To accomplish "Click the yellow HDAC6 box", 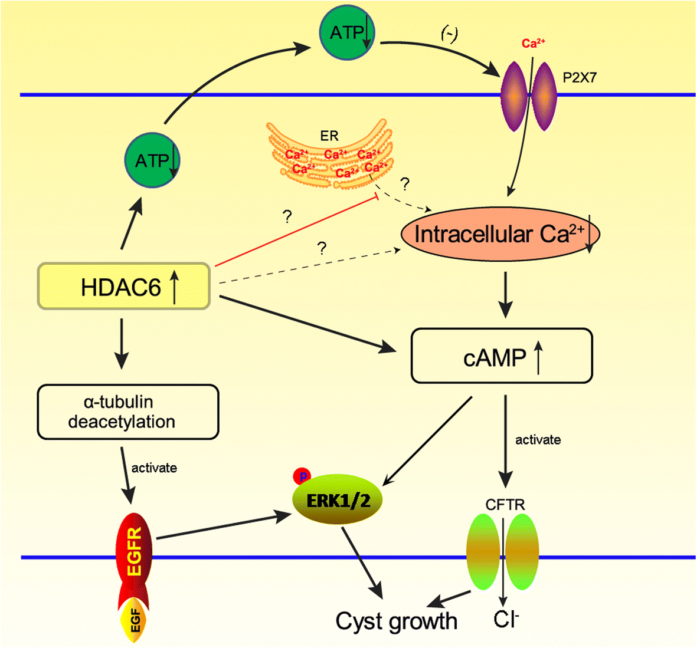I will (x=124, y=287).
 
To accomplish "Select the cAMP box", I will (x=502, y=356).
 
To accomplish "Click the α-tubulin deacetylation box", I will (x=127, y=412).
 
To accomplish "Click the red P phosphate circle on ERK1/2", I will (x=302, y=476).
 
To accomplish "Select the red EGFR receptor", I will (x=134, y=551).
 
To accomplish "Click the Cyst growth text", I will (x=396, y=621).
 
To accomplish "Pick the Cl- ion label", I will (x=506, y=619).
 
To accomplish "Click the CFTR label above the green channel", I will (x=505, y=505).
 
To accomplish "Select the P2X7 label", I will (x=579, y=77).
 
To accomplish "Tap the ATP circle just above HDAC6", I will (x=152, y=160).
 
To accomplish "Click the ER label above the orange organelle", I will (x=329, y=136).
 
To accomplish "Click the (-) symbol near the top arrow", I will (x=449, y=35).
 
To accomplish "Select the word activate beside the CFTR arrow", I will (x=538, y=440).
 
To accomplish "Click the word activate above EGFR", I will (x=154, y=468).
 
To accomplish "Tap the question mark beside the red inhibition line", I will (x=287, y=217).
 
